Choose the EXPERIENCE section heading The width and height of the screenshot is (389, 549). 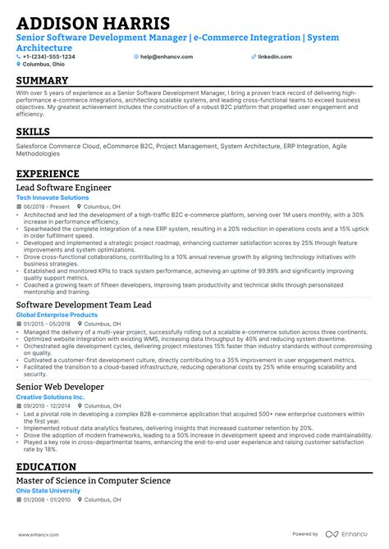(x=48, y=174)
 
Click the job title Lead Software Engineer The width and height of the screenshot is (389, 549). (x=66, y=188)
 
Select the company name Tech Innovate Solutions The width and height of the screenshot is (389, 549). (x=53, y=197)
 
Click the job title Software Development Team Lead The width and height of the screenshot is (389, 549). (x=84, y=305)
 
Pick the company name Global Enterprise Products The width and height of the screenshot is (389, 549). (x=57, y=315)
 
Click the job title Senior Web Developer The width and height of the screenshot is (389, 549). (x=60, y=386)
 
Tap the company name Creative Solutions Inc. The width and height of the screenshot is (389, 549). (x=50, y=397)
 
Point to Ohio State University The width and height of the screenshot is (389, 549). (x=48, y=491)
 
